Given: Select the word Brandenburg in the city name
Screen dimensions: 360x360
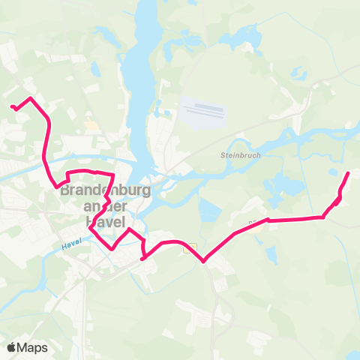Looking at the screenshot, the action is (x=105, y=190).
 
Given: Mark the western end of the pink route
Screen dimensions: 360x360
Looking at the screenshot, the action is (x=13, y=107).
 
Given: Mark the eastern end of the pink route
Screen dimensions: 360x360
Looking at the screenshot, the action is (x=348, y=174).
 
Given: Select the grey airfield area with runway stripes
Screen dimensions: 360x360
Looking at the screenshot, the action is (x=204, y=111).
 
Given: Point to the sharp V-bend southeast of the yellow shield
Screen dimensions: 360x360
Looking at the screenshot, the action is (x=203, y=261).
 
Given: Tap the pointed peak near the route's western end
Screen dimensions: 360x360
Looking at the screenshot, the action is (x=30, y=98).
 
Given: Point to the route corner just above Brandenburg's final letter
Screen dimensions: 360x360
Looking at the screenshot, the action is (x=112, y=176).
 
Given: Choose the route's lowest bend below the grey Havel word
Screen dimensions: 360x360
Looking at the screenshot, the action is (x=112, y=247).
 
